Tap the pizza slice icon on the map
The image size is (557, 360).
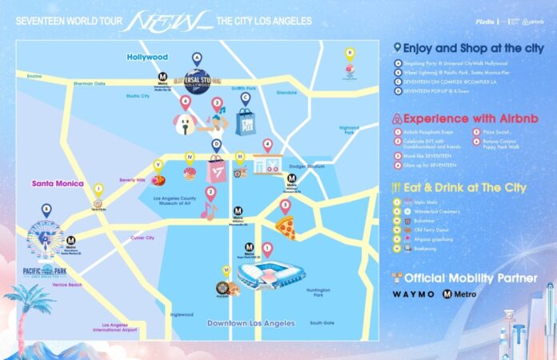click(x=285, y=227)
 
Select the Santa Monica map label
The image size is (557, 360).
click(x=58, y=183)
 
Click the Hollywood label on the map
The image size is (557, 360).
click(x=147, y=58)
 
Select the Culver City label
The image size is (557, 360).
click(x=120, y=238)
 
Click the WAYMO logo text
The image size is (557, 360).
click(x=414, y=294)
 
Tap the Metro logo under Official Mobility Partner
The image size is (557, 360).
click(x=460, y=294)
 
